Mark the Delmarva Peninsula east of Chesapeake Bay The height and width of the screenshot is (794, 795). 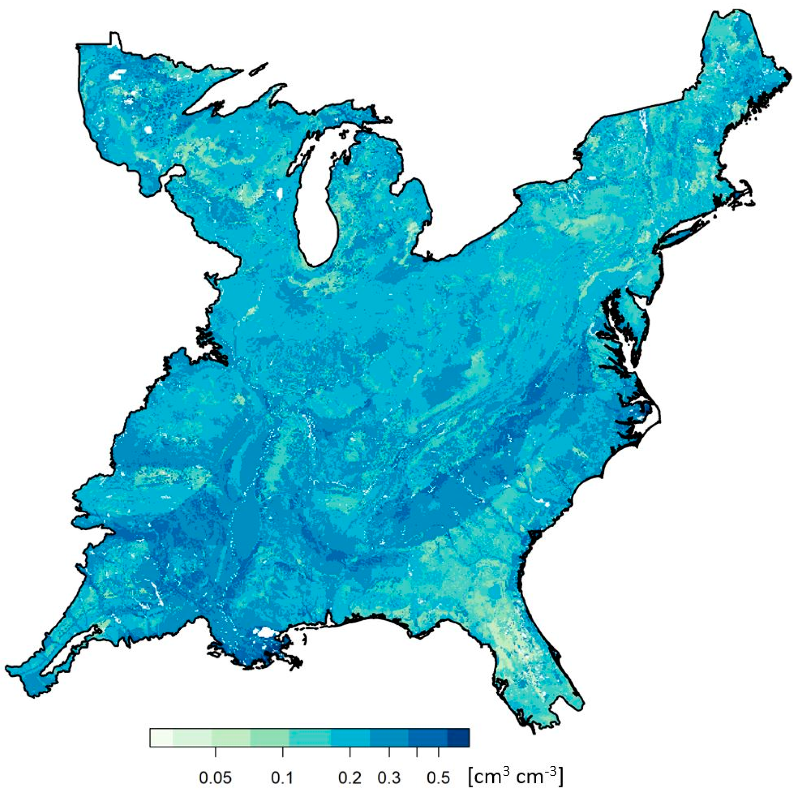640,329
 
